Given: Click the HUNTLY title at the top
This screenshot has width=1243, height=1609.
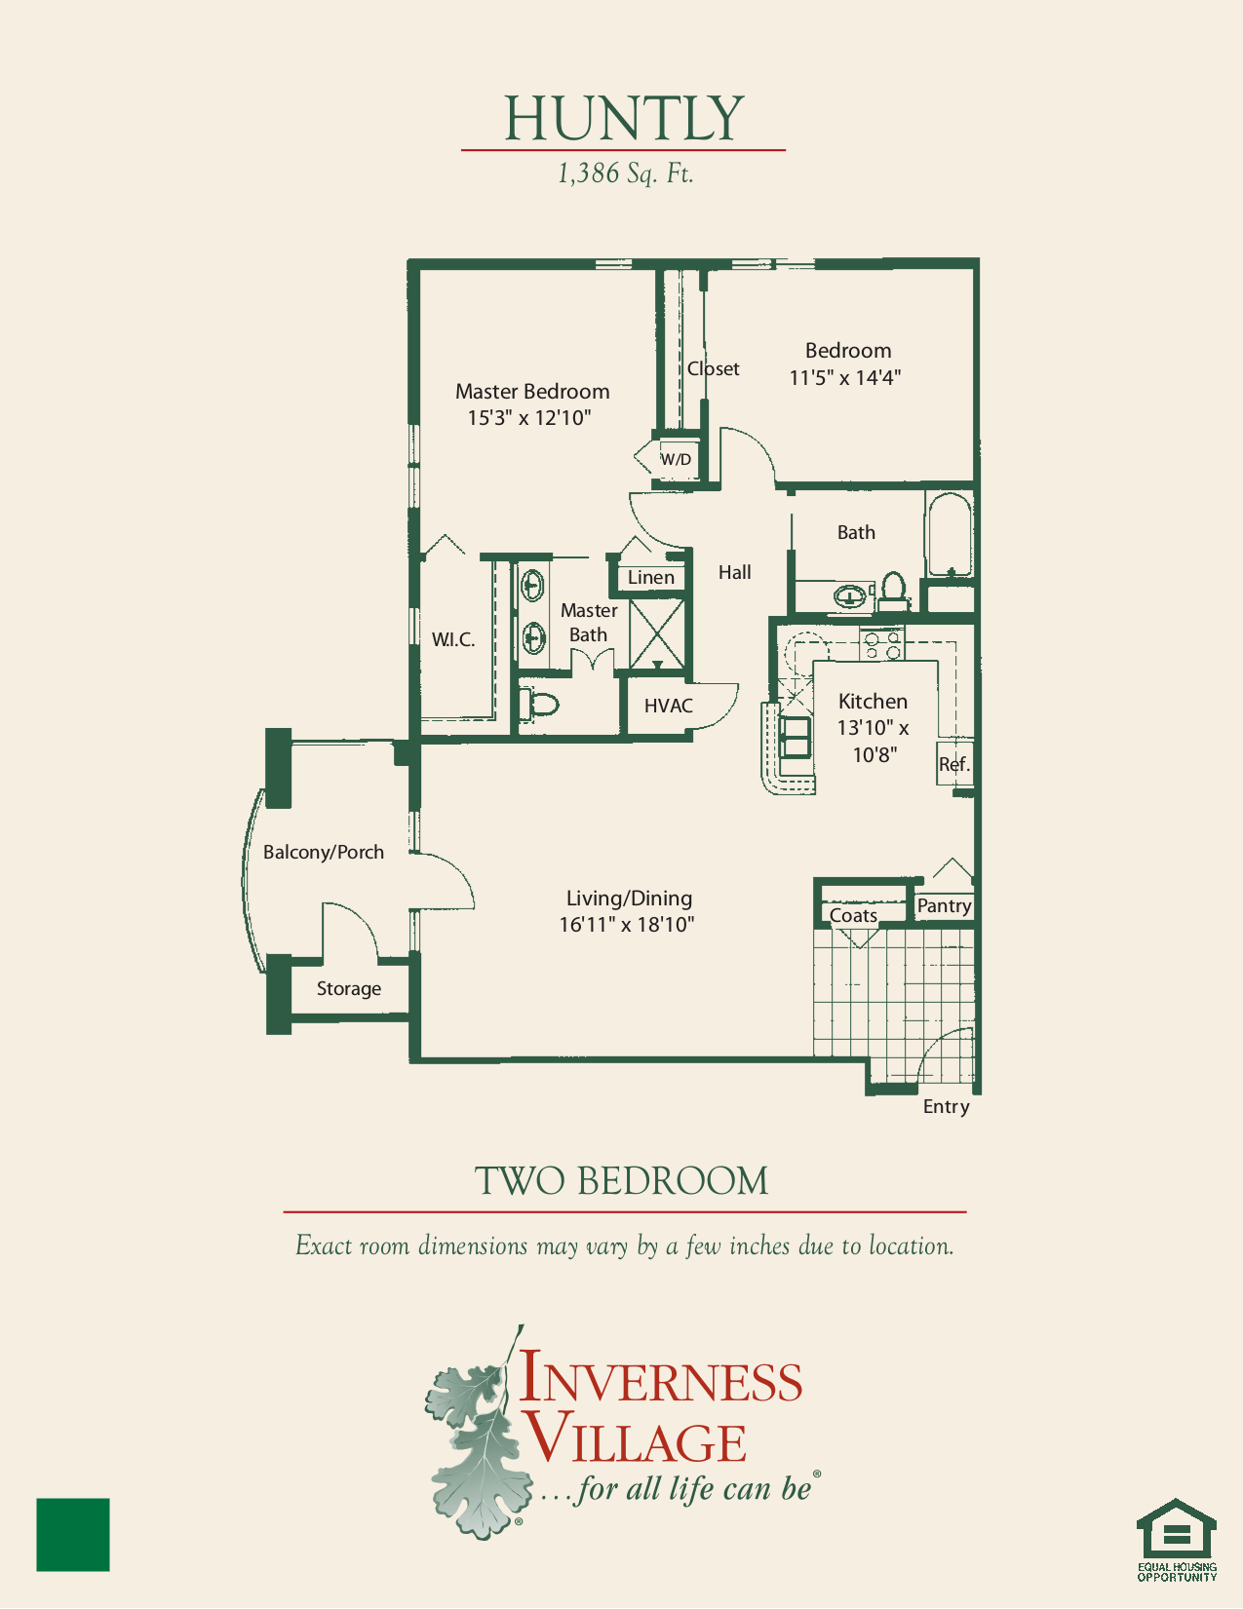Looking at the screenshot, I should [x=624, y=119].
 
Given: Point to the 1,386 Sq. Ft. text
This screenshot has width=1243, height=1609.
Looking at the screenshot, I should [x=625, y=173].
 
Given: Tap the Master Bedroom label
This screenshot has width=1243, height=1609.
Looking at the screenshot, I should [x=532, y=392].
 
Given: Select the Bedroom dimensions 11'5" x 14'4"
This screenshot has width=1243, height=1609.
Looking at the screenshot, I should [x=844, y=378].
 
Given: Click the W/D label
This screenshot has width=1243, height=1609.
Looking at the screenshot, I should [x=676, y=459].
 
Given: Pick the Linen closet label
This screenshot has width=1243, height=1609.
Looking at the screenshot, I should [x=650, y=578].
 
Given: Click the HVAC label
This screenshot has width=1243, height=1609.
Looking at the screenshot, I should [x=669, y=706].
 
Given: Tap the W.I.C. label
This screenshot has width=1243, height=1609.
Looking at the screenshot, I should [x=453, y=640].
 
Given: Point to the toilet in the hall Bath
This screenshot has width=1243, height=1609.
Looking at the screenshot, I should [x=893, y=591].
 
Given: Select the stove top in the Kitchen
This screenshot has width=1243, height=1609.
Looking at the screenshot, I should [x=881, y=645].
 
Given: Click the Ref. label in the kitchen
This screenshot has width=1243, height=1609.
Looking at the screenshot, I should [x=953, y=765].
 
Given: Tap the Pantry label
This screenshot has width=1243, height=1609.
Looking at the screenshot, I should [x=944, y=906].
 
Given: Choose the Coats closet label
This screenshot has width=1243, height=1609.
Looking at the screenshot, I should [x=853, y=916].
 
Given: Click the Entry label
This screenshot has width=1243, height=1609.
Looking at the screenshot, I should [x=946, y=1107].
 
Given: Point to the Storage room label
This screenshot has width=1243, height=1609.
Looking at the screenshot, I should [x=348, y=989].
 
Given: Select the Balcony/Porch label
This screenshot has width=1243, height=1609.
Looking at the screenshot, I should [x=324, y=853].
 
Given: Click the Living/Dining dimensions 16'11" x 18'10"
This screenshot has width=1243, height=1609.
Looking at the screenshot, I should [x=626, y=925].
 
